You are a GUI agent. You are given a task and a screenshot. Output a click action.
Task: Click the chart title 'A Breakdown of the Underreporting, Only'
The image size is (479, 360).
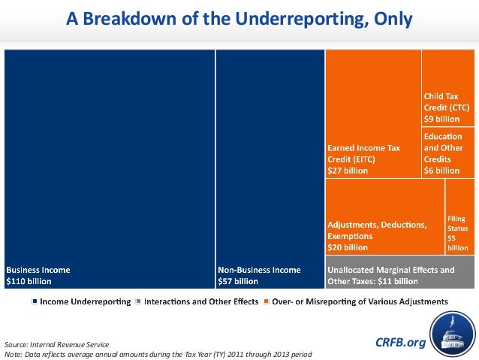[239, 19]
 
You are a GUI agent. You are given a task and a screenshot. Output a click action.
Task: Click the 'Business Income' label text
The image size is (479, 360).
[38, 269]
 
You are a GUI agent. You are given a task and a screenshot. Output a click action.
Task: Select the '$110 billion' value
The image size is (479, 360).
[29, 282]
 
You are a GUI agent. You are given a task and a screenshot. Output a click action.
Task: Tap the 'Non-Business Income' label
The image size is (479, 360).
[259, 269]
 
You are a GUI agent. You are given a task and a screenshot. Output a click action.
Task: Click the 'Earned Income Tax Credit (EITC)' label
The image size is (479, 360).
[363, 153]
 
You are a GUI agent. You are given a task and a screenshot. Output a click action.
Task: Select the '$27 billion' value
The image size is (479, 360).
[348, 171]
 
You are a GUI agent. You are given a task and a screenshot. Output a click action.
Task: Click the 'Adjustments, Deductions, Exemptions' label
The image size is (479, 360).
[377, 229]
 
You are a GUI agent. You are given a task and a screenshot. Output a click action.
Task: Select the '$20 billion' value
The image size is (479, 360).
[348, 247]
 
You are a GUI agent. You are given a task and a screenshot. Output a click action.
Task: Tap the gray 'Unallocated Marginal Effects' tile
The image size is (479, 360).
[401, 275]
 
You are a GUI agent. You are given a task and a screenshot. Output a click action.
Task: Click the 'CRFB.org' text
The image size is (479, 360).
[399, 343]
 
